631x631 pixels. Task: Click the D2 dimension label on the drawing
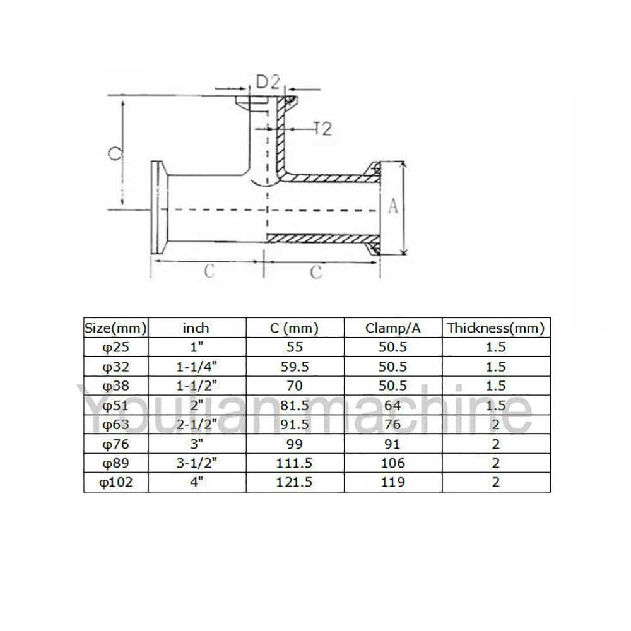tap(268, 81)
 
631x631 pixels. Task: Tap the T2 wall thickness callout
tap(321, 129)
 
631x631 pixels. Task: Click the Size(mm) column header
tap(115, 327)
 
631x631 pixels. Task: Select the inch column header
tap(196, 327)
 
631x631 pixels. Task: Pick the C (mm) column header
tap(294, 327)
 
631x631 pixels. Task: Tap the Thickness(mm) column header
tap(495, 327)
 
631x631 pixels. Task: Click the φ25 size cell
tap(115, 347)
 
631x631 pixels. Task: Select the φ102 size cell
tap(115, 482)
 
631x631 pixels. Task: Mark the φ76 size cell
tap(115, 444)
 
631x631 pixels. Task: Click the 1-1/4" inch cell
tap(196, 367)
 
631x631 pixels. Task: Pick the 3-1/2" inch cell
tap(196, 463)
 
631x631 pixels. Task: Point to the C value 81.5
tap(294, 405)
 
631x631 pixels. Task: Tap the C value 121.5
tap(294, 482)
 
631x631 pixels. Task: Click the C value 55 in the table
tap(294, 347)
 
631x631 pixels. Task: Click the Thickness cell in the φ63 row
tap(495, 424)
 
